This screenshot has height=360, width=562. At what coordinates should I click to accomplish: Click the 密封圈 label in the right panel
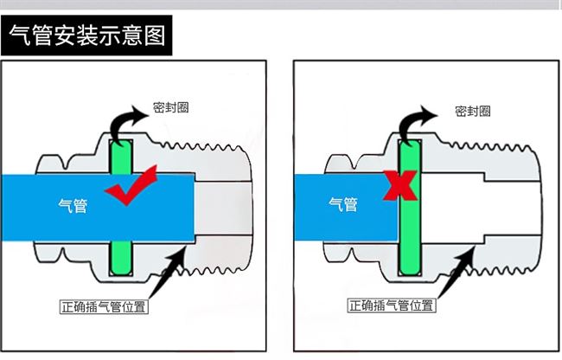[x=473, y=110]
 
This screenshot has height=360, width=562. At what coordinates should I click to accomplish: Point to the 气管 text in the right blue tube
[x=343, y=204]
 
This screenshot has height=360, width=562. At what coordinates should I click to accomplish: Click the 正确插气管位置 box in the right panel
[x=392, y=305]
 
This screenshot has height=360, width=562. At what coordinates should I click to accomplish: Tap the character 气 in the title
[x=19, y=37]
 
